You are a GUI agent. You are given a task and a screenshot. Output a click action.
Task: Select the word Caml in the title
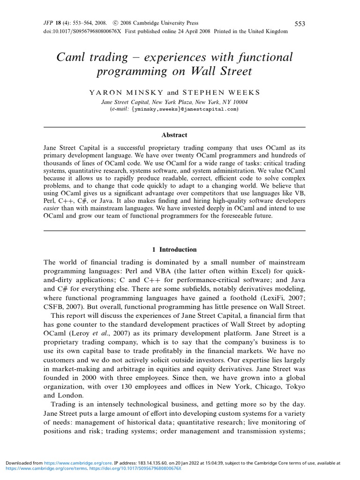(x=69, y=58)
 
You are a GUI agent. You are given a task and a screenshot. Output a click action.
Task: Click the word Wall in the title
(x=215, y=72)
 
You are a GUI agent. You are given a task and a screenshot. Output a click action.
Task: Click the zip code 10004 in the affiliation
(x=239, y=102)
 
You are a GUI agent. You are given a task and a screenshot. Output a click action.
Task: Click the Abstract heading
(x=174, y=135)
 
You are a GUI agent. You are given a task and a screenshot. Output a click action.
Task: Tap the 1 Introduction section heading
(x=174, y=250)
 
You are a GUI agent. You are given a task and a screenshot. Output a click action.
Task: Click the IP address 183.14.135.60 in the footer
(x=149, y=463)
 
